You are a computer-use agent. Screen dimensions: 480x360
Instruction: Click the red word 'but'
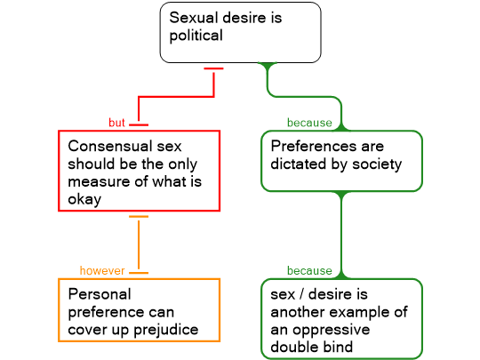point(116,123)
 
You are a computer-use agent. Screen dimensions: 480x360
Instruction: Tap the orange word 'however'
point(102,270)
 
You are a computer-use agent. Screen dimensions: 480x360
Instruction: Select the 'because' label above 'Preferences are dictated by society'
point(309,123)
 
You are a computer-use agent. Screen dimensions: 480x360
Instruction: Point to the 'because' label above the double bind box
point(309,270)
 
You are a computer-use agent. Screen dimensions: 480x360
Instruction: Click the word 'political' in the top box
point(196,36)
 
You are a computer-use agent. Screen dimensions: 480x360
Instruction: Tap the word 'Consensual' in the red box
point(110,146)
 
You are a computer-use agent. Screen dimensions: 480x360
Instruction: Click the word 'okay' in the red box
point(84,200)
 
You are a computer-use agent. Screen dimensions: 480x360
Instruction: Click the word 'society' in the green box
point(377,164)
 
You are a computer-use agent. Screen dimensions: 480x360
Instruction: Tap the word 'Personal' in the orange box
point(100,294)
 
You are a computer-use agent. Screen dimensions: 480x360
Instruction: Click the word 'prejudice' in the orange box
point(166,331)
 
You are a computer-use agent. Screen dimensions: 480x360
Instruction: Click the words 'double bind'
point(312,348)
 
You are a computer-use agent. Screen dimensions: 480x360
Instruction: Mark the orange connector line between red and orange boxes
point(139,244)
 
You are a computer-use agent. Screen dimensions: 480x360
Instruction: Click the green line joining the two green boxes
point(341,235)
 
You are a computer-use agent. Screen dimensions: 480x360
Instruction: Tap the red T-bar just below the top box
point(213,68)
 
